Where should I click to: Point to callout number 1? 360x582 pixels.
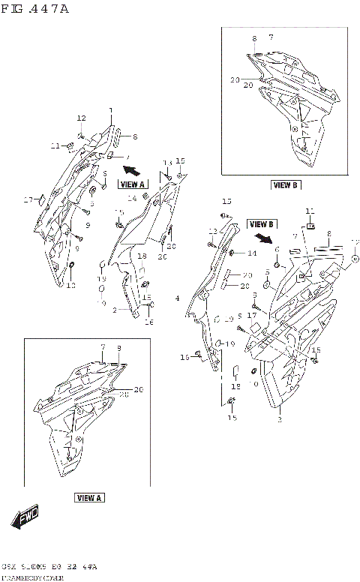click(x=110, y=111)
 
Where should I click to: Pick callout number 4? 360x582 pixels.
click(x=177, y=299)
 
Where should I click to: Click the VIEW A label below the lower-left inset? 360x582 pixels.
click(x=89, y=497)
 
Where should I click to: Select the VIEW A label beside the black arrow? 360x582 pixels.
click(x=133, y=183)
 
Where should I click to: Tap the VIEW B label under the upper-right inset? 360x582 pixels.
click(x=285, y=184)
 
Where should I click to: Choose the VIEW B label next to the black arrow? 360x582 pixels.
click(x=262, y=223)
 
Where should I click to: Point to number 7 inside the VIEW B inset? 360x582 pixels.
click(x=271, y=37)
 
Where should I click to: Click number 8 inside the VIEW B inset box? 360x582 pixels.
click(x=254, y=38)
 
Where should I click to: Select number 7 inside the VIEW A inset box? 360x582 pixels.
click(x=100, y=347)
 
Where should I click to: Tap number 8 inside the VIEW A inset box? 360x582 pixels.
click(x=118, y=347)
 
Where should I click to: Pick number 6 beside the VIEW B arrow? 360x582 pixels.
click(x=276, y=250)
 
